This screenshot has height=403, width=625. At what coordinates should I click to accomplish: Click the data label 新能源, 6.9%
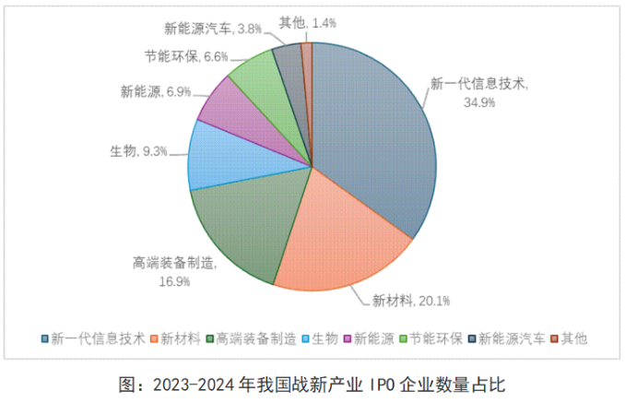pos(154,91)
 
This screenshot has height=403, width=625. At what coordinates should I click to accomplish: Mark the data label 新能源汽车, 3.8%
pos(210,29)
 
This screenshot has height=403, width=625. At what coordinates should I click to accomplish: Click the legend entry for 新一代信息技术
pos(93,338)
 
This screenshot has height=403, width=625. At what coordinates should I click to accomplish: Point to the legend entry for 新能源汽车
pos(506,338)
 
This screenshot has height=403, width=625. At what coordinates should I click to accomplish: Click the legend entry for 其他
pos(569,338)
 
